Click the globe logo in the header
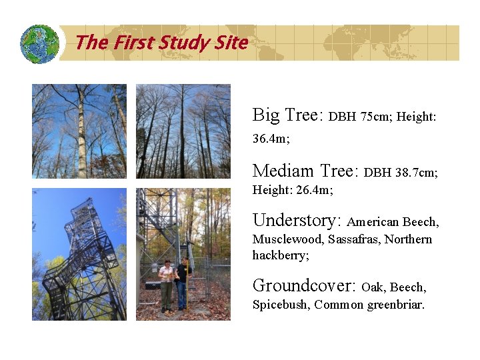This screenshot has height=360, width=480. (40, 43)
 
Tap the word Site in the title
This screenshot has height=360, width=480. (231, 43)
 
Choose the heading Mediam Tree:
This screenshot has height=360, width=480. (305, 171)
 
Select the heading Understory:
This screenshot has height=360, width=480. (297, 220)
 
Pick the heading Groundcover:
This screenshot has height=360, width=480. (304, 286)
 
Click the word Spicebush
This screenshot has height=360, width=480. (280, 305)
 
